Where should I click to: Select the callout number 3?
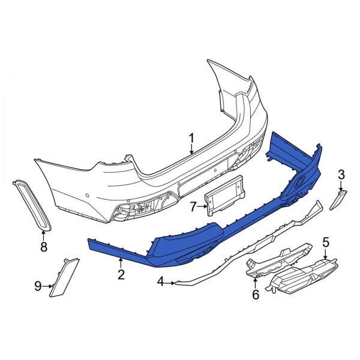[341, 175]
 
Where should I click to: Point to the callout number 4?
[161, 281]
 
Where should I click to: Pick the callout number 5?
[326, 242]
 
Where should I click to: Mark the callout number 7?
[193, 207]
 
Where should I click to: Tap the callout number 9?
[38, 286]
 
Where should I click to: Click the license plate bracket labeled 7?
[227, 195]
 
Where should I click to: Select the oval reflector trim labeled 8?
[30, 204]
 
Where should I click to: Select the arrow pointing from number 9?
[49, 286]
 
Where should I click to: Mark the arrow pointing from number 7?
[203, 207]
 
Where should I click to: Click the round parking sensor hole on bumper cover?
[89, 196]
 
